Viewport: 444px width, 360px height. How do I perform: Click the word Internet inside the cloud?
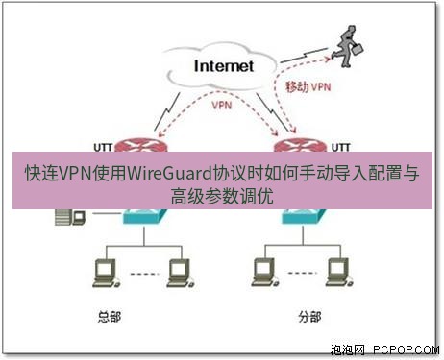[x=223, y=66]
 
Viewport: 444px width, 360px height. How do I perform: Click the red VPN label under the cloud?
[x=221, y=106]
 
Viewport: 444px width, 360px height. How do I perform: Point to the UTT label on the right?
[x=338, y=148]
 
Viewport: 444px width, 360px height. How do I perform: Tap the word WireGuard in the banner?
[x=176, y=176]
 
